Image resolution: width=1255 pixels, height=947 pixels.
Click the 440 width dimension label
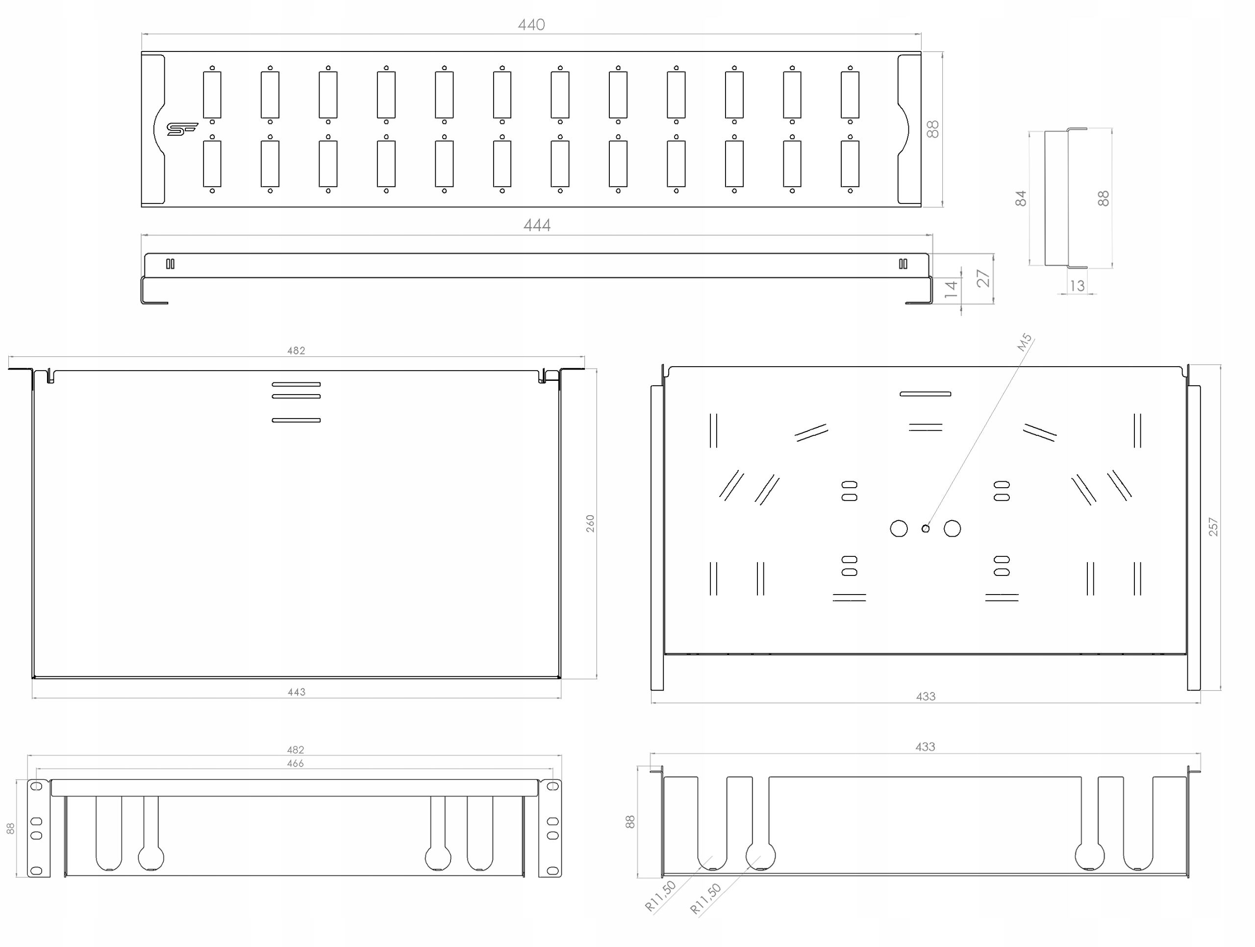point(531,25)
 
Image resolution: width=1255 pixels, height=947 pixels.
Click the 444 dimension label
point(537,225)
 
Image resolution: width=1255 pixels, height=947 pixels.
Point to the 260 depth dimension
point(590,523)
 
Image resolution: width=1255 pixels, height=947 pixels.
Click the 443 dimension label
point(296,692)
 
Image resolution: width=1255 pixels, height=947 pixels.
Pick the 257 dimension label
point(1212,527)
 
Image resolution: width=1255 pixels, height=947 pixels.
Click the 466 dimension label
point(295,764)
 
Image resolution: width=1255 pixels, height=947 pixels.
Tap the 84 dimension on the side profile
point(1021,198)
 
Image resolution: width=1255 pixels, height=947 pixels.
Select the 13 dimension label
point(1077,286)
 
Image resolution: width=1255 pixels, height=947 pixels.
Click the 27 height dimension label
point(982,278)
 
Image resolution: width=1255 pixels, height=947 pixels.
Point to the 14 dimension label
point(951,289)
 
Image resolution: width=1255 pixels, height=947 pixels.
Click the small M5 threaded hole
point(926,529)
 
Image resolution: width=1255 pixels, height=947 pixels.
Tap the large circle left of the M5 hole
point(899,529)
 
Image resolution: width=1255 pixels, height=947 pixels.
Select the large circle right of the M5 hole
point(952,529)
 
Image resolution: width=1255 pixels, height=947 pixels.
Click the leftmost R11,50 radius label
point(660,896)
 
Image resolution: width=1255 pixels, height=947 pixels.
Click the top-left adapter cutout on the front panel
point(212,94)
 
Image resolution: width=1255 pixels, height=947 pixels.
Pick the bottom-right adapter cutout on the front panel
point(850,163)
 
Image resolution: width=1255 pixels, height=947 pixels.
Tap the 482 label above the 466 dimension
point(295,749)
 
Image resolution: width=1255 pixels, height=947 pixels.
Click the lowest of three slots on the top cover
point(296,421)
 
